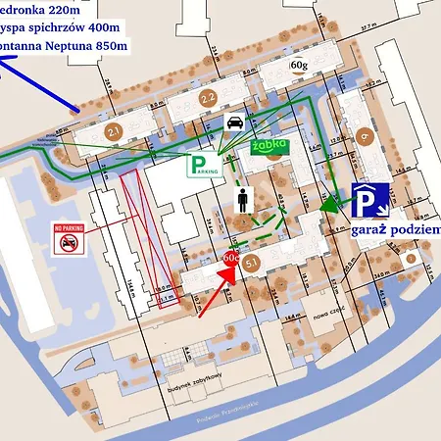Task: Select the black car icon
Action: (x=236, y=122)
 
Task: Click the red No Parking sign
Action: (x=68, y=239)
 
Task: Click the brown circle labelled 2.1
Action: (x=114, y=133)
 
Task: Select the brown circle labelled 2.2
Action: (x=207, y=98)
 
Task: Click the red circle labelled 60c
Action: (x=232, y=256)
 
